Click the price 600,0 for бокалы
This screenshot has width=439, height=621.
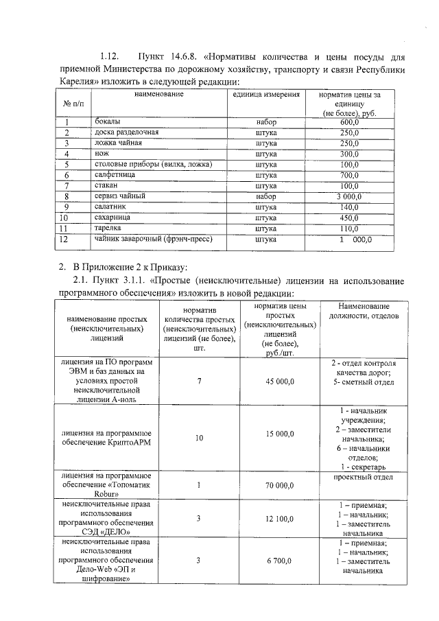point(349,121)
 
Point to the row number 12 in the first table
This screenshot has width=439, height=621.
point(64,239)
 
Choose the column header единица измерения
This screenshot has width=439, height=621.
point(266,94)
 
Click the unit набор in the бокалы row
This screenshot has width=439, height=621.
point(265,121)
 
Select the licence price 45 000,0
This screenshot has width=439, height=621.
point(280,382)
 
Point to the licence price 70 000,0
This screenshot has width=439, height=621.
point(280,485)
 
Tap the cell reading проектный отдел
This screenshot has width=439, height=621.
point(361,476)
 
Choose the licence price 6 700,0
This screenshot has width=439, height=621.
point(280,561)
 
